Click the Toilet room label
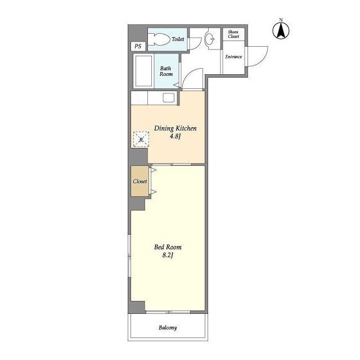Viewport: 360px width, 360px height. pos(178,39)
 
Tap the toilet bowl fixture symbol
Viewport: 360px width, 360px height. pos(158,39)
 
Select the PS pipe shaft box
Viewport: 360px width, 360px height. pos(138,46)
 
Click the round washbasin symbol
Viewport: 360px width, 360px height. pos(209,38)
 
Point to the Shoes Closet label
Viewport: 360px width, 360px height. pos(233,34)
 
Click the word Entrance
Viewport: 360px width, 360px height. pos(233,57)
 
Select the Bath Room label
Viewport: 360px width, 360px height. pos(166,71)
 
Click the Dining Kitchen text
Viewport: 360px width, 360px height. pos(175,128)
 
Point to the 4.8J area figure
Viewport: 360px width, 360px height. pos(175,136)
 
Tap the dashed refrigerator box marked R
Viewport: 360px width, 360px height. pos(141,139)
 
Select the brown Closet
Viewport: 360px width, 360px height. pos(140,181)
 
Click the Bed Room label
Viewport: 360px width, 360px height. pos(168,247)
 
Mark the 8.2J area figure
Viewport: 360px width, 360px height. pos(168,255)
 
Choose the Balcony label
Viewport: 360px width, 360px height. pos(168,327)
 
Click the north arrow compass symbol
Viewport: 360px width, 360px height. pos(281,31)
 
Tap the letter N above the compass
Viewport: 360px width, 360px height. pos(281,20)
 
